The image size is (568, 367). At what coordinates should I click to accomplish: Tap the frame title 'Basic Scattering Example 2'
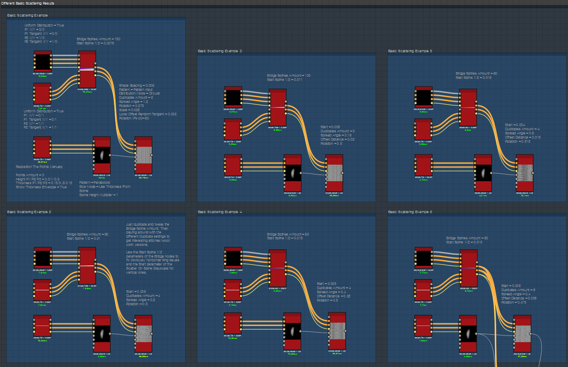29,212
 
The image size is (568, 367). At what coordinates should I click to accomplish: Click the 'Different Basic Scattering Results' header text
27,3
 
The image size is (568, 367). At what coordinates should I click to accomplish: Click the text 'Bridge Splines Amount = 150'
98,39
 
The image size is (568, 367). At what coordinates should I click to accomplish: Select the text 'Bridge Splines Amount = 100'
289,75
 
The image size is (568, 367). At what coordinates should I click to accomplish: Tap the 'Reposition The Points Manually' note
39,167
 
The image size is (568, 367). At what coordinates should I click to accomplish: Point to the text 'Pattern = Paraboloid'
95,182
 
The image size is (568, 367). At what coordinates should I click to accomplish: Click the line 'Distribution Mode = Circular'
139,93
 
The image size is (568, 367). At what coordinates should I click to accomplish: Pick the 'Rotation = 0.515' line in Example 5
518,141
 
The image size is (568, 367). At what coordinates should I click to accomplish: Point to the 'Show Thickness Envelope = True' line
41,187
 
